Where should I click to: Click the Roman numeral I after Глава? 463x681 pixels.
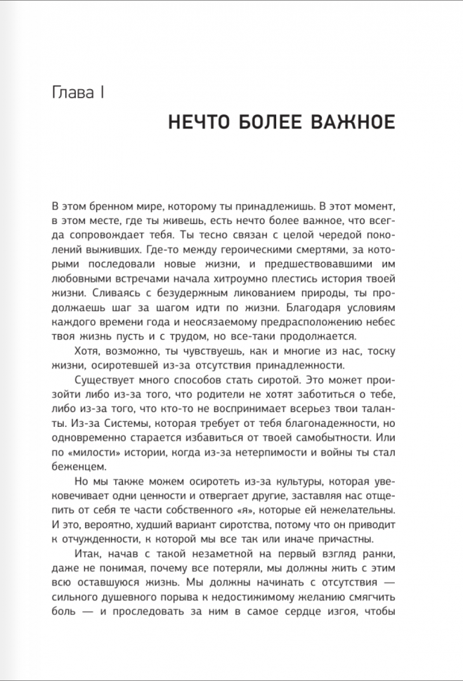click(x=103, y=93)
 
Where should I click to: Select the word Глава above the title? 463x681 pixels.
click(x=74, y=93)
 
